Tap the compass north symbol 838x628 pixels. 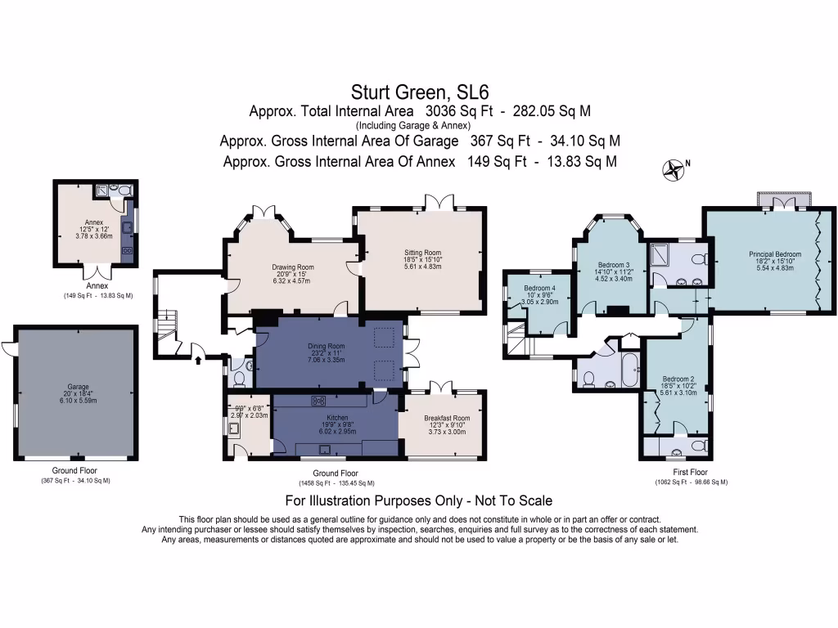tap(674, 169)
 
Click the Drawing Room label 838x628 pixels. tap(293, 267)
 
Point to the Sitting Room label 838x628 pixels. tap(422, 253)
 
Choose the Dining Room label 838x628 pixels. tap(326, 346)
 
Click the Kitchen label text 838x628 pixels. tap(326, 417)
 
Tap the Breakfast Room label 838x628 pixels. tap(447, 418)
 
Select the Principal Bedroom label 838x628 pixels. tap(774, 254)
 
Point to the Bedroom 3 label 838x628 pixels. tap(614, 266)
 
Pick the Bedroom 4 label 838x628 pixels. tap(539, 289)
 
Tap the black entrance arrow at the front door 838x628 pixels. tap(198, 357)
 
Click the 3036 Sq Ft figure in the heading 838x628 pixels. tap(453, 110)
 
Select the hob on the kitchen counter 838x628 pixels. tap(319, 401)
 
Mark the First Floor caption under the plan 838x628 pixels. tap(692, 472)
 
